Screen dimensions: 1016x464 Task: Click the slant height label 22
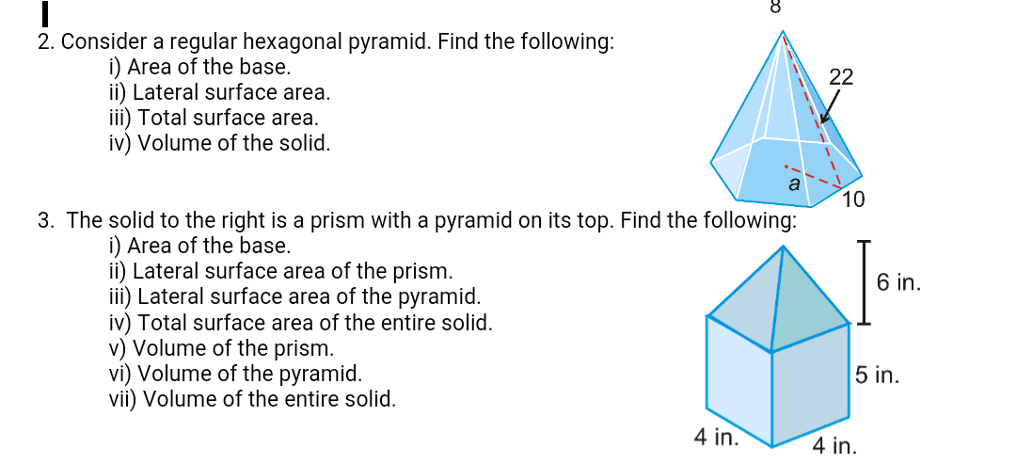(x=841, y=78)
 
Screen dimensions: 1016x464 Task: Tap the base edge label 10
(x=853, y=200)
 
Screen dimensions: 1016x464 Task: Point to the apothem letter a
(x=793, y=185)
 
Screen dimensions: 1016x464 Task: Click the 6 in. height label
(x=897, y=281)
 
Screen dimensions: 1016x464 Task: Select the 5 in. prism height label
(x=878, y=376)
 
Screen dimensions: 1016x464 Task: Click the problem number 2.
(x=44, y=42)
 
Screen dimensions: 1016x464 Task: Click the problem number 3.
(x=45, y=221)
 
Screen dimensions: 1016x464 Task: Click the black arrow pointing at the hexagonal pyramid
(x=827, y=110)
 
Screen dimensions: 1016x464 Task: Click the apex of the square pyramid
(x=783, y=247)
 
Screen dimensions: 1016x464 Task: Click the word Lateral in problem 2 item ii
(x=166, y=93)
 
